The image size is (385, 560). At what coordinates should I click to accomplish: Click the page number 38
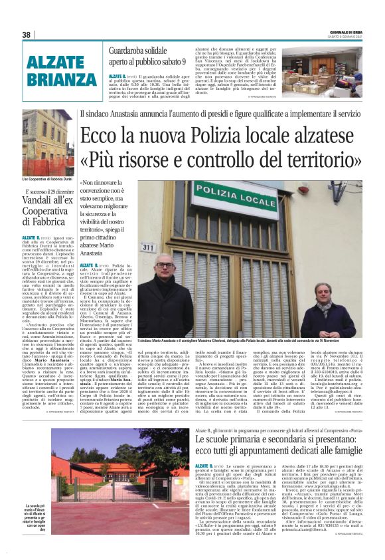pyautogui.click(x=27, y=35)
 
